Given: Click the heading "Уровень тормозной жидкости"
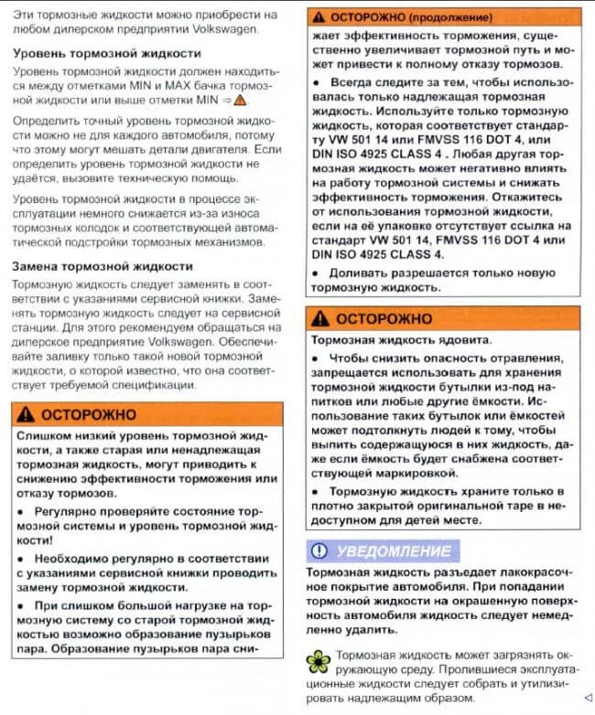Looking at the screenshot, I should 106,53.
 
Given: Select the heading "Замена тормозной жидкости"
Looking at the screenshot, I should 102,266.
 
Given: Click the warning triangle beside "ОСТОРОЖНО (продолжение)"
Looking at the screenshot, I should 319,17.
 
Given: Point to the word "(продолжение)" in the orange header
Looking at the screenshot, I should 449,17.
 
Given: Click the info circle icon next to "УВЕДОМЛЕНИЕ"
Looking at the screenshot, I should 319,550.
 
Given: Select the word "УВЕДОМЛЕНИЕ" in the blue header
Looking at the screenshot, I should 394,550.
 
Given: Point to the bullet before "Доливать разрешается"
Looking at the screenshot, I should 315,272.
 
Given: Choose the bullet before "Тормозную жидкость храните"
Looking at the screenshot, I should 315,491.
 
